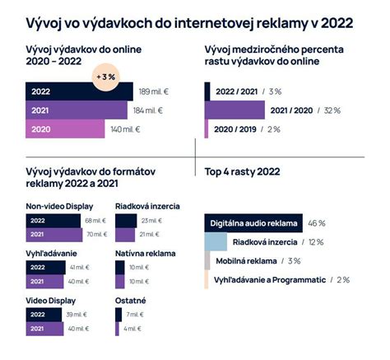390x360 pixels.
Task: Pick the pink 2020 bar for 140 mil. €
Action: (66, 129)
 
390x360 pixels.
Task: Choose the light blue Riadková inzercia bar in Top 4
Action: (215, 241)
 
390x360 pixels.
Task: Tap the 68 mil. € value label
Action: (95, 221)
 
